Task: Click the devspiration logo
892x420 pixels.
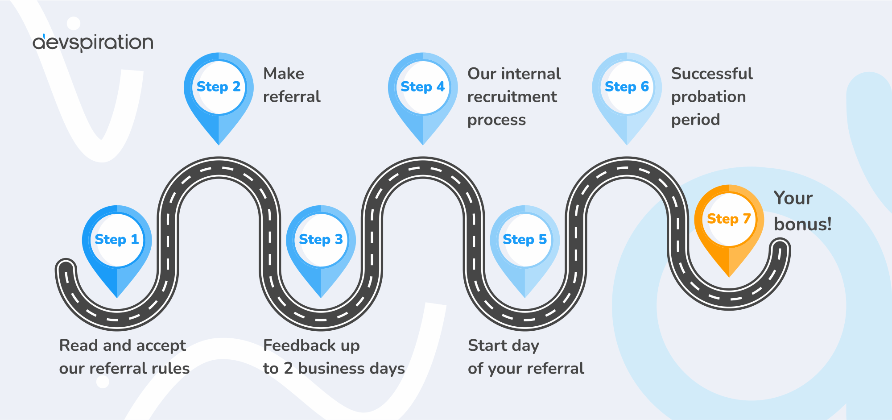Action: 93,43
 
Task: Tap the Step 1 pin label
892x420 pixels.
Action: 117,240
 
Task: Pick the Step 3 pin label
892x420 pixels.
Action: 321,240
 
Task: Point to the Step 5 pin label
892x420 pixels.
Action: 524,240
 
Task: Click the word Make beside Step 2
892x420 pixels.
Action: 284,74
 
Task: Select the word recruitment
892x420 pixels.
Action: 512,97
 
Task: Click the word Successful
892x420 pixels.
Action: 712,74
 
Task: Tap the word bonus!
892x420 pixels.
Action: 802,224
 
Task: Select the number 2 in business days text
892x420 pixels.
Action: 288,369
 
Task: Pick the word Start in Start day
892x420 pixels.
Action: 487,345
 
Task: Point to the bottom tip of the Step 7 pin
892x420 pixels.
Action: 729,277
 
